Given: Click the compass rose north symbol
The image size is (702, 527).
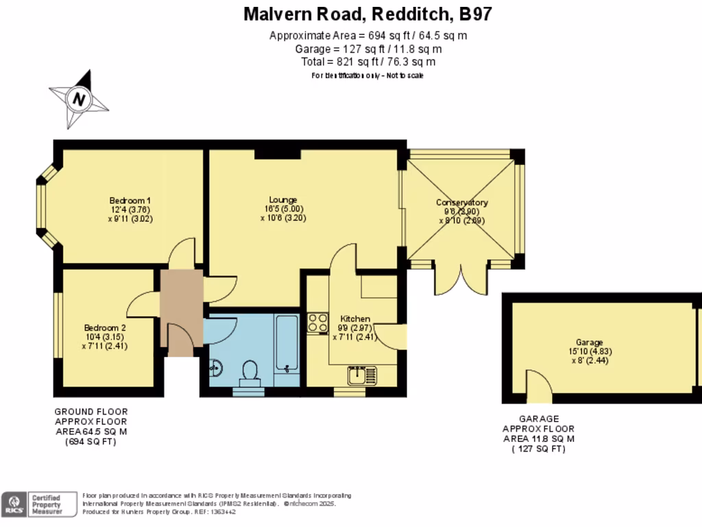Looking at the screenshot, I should [80, 99].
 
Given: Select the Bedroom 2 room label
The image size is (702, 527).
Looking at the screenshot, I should [105, 327].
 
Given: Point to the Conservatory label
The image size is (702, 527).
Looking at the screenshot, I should [462, 202].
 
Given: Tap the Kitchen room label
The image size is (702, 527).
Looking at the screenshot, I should [355, 319].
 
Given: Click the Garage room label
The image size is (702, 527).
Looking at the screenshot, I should [589, 342].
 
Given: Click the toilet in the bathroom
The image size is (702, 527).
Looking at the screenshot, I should [249, 373].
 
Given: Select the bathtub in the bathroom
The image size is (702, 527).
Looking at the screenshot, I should [287, 343].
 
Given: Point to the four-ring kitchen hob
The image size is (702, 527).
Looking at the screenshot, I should [317, 323].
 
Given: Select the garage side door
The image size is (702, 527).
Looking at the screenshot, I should [539, 386].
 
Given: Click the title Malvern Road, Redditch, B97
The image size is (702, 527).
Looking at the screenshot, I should [368, 14].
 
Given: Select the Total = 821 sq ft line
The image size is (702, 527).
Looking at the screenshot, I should [368, 62].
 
